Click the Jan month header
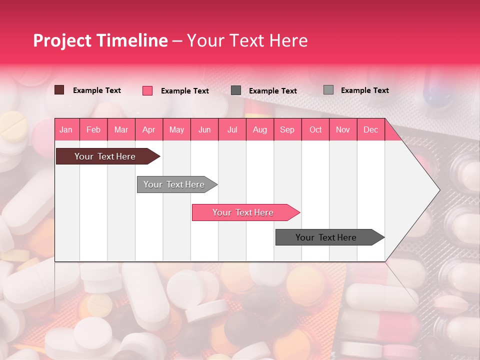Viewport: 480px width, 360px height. (66, 129)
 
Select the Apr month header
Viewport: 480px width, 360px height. (148, 129)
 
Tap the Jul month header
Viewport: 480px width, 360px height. (232, 129)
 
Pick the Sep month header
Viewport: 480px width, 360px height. (287, 129)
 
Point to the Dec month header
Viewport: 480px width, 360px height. (370, 129)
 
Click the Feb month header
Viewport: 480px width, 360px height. (93, 129)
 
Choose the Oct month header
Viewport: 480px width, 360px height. (315, 129)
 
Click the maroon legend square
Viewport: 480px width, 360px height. (59, 90)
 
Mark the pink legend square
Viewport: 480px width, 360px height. (147, 90)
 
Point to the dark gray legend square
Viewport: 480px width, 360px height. (236, 90)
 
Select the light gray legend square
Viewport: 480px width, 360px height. (328, 90)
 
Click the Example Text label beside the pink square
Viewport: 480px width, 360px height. (185, 91)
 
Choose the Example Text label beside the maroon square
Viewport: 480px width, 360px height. (97, 90)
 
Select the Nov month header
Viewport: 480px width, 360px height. (343, 129)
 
